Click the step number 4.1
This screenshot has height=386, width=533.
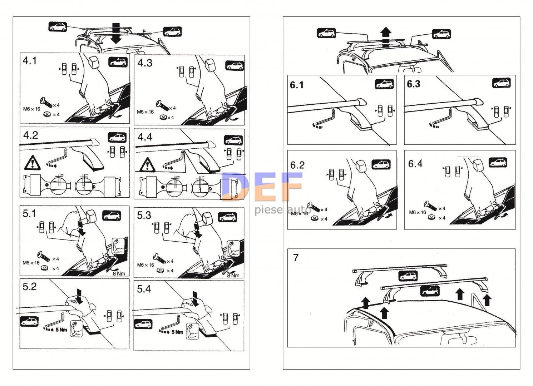(x=30, y=61)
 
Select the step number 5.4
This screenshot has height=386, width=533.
(x=144, y=289)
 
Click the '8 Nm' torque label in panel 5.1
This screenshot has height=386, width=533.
(x=119, y=273)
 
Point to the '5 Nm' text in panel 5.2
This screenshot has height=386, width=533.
(x=61, y=330)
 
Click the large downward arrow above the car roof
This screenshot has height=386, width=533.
(x=116, y=33)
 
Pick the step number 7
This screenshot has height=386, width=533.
(x=296, y=258)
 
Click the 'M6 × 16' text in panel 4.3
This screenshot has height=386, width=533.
(x=145, y=112)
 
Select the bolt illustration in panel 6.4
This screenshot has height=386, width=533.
(x=430, y=206)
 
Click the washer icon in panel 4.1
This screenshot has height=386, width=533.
(x=47, y=114)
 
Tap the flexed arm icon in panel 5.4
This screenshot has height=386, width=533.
(x=192, y=331)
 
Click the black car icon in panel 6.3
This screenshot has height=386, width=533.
(x=501, y=83)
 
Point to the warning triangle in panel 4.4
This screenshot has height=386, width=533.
(x=147, y=164)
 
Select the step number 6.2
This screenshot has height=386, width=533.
(x=297, y=165)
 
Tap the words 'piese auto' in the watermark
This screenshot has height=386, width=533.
(x=283, y=210)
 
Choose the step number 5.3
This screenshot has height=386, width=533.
(x=144, y=215)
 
